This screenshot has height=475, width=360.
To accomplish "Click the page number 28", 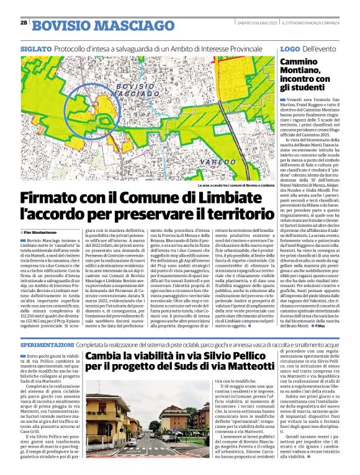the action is coord(24,22).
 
